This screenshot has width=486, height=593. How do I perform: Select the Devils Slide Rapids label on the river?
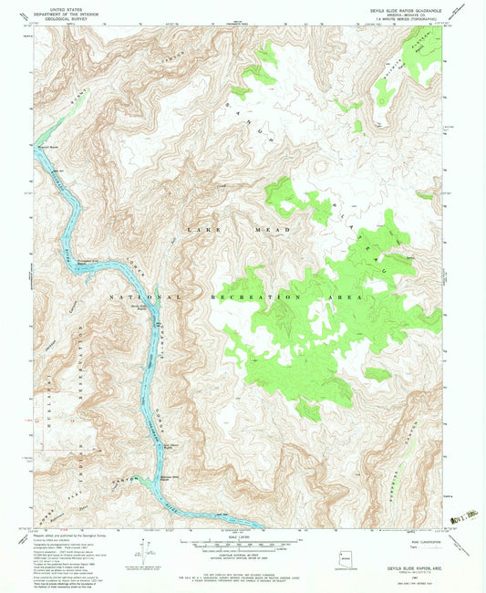click(x=141, y=307)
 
